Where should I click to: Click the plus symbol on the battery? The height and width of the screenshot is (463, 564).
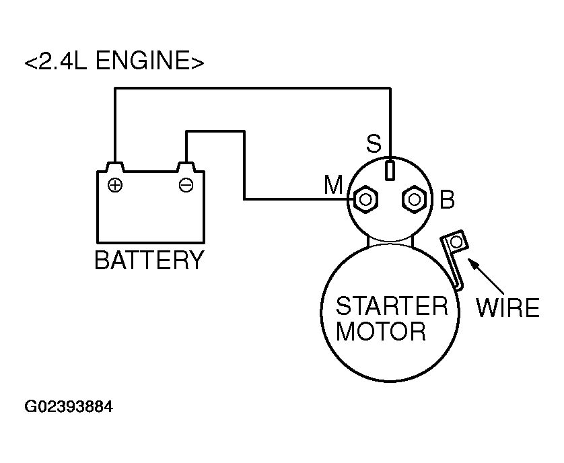point(115,185)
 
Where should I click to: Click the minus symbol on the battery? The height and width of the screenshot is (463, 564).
point(186,185)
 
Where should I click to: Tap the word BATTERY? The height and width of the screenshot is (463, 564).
point(149,260)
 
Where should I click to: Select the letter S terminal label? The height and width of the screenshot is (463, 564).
point(374,143)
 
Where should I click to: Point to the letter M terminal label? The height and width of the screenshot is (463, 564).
point(333,185)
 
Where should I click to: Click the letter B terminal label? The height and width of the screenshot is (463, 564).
point(448,199)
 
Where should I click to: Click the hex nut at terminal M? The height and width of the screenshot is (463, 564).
point(365,199)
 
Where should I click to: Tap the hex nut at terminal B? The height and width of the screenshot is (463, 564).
point(415,199)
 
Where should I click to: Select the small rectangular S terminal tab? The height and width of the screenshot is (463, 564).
point(390,170)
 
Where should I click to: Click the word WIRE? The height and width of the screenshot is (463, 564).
point(508,308)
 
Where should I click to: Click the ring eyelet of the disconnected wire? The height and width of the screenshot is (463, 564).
point(457,242)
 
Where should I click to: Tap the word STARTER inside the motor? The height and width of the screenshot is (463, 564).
point(392,306)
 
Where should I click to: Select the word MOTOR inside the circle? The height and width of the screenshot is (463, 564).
point(381,331)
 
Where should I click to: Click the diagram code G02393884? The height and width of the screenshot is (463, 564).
point(69,406)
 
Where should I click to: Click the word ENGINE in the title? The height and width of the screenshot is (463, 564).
point(143,60)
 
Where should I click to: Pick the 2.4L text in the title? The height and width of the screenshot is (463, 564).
point(63,60)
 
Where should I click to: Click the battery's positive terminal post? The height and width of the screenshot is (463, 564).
point(115,168)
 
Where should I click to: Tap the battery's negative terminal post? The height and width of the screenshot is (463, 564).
point(186,168)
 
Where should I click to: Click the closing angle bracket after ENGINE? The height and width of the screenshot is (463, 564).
point(197,62)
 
